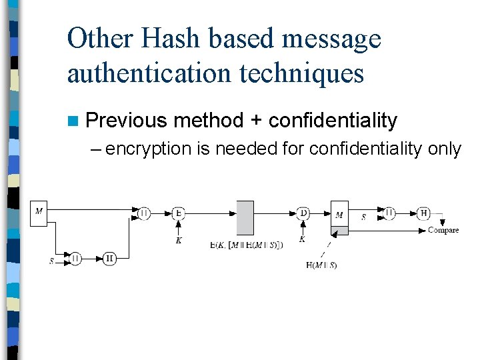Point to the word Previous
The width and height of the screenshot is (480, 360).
(x=126, y=121)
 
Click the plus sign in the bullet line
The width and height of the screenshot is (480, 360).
(x=256, y=121)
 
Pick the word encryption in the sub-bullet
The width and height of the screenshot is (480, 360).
(x=148, y=149)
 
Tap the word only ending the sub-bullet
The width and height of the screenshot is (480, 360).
(x=445, y=149)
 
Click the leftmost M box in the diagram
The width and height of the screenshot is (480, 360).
(x=39, y=213)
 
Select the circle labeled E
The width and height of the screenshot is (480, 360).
(x=178, y=213)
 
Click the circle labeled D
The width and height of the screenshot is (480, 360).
(x=303, y=213)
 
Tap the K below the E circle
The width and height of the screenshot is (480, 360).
(x=179, y=240)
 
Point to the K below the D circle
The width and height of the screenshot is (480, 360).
(x=303, y=239)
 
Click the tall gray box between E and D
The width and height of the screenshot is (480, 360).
(x=245, y=217)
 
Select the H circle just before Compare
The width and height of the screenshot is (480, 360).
(x=423, y=213)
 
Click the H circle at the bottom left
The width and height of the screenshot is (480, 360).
(x=110, y=259)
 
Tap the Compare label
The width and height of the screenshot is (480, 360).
(x=443, y=231)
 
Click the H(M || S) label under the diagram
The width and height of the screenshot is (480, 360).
(x=321, y=265)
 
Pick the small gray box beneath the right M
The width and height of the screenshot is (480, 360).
(x=339, y=231)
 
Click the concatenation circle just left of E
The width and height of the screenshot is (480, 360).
(x=144, y=213)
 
